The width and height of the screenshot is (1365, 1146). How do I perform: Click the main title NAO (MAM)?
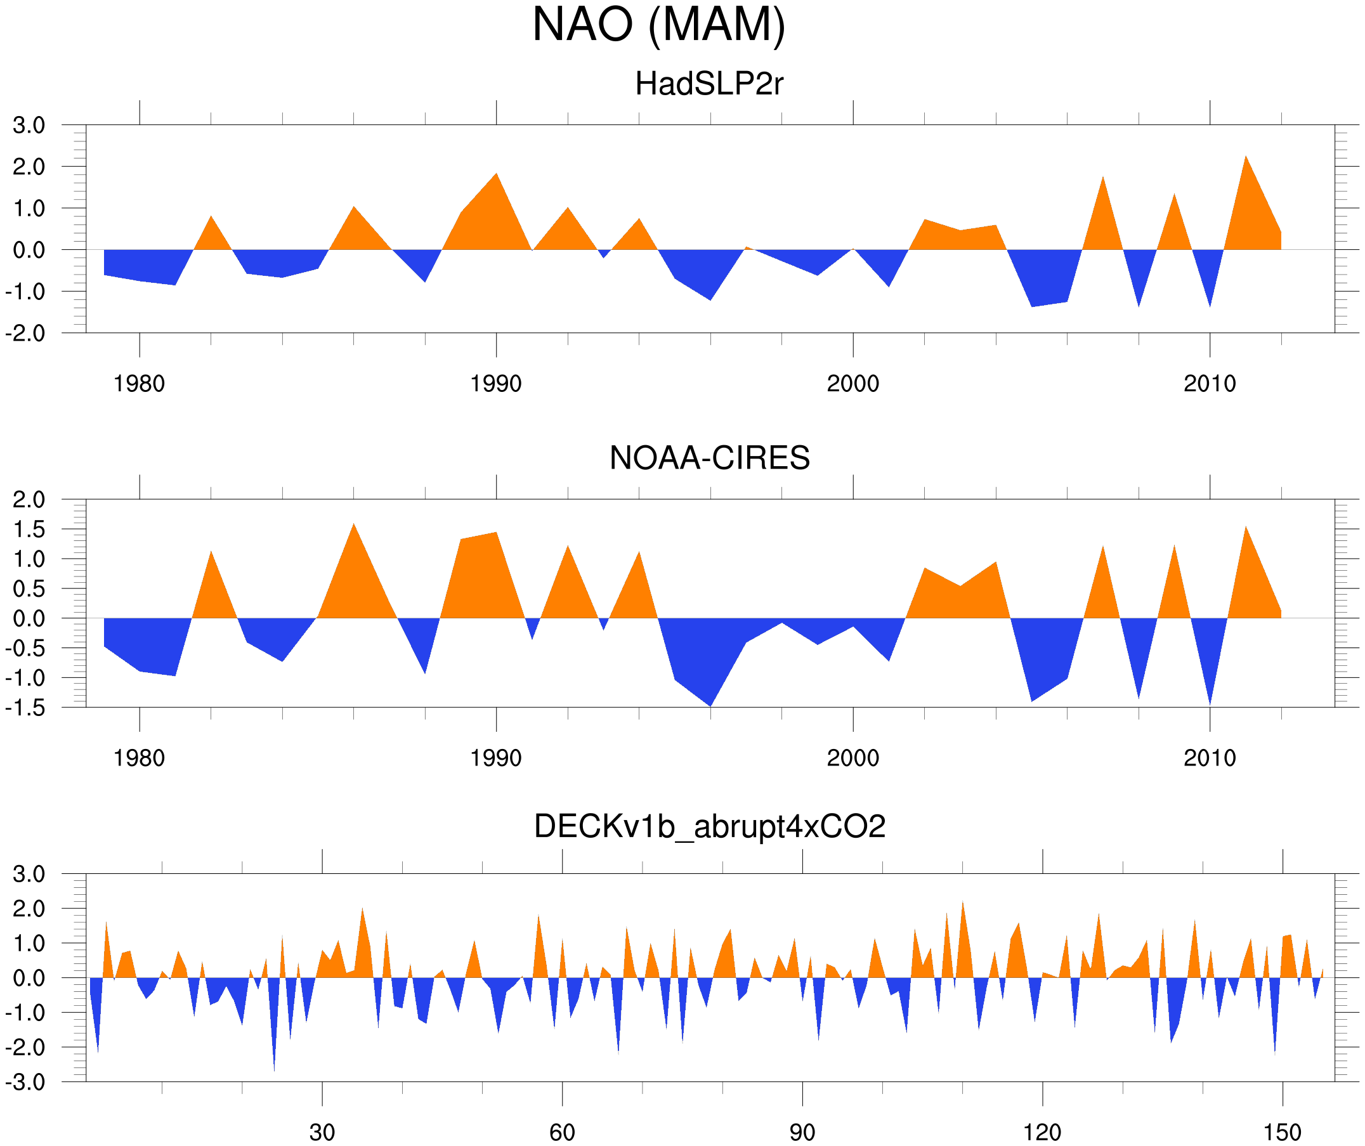click(658, 25)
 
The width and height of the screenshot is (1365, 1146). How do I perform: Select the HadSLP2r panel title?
click(709, 84)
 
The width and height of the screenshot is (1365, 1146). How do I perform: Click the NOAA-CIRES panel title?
click(709, 459)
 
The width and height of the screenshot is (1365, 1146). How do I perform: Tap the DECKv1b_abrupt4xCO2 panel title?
click(709, 827)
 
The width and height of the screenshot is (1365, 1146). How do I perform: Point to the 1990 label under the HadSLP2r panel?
click(496, 384)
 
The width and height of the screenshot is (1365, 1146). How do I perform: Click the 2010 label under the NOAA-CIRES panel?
click(1209, 759)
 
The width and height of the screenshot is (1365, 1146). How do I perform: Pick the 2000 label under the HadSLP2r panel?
click(852, 384)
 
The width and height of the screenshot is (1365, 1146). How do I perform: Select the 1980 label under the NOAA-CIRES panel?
click(139, 759)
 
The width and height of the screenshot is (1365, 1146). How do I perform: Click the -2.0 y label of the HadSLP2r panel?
click(25, 334)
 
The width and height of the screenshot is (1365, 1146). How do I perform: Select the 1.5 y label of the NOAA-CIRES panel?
click(29, 530)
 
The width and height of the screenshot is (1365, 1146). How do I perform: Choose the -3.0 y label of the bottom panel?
click(25, 1083)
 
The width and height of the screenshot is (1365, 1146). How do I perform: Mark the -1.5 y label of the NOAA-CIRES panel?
click(25, 708)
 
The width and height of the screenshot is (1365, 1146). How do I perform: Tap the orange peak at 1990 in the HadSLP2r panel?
click(497, 176)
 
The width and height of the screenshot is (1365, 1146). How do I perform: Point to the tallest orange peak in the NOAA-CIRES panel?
click(353, 525)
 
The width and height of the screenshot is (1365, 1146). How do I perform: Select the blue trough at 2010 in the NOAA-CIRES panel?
click(1210, 702)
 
